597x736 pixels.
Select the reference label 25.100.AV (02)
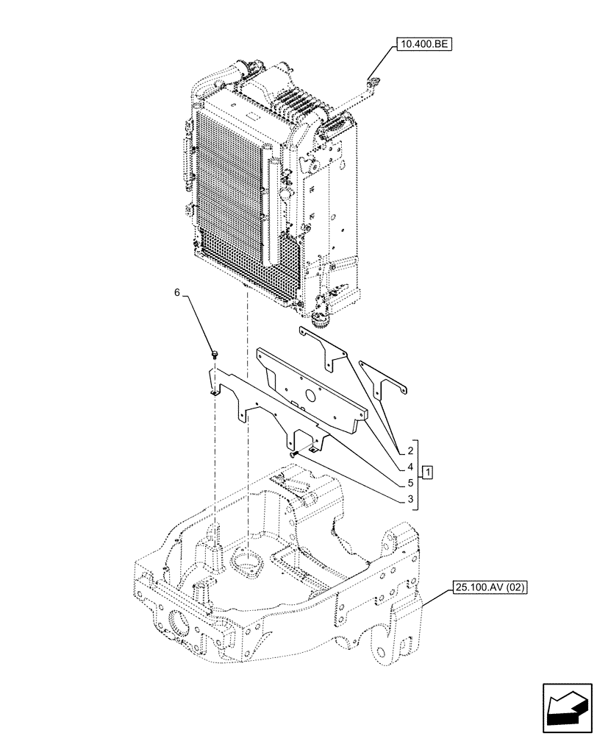(490, 587)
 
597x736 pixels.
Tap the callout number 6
(176, 293)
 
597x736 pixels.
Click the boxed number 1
(427, 470)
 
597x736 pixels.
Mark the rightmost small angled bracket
(382, 381)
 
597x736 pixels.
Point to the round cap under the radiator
(321, 319)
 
